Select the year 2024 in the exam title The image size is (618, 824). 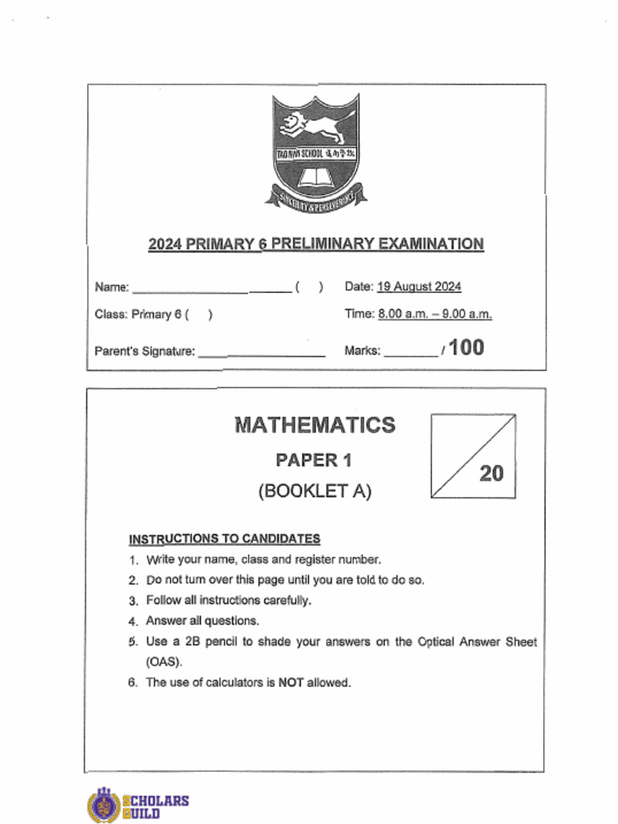point(165,244)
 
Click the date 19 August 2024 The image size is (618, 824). point(419,286)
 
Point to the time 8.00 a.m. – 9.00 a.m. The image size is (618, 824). point(435,314)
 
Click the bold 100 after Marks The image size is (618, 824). point(466,348)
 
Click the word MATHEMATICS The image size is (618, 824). point(315,425)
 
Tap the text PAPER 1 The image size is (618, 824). point(314,460)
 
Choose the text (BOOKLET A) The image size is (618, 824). point(315,491)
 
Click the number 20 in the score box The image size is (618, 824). point(491,473)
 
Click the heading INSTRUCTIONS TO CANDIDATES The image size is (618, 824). point(225,538)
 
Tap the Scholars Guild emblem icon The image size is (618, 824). point(102,805)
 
